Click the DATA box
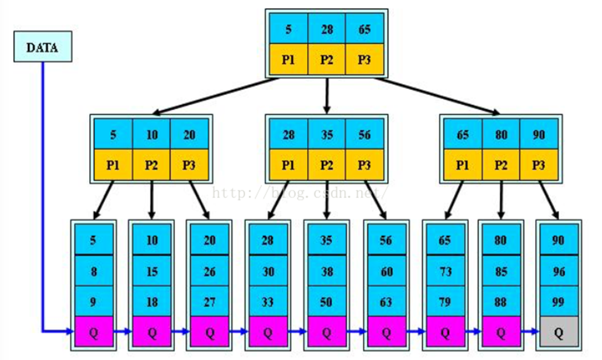43,46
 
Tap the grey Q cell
558,331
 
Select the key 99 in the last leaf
558,302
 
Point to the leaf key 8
93,271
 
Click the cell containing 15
152,271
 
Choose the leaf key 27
210,302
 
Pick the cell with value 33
268,302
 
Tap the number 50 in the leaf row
326,302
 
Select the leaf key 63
386,302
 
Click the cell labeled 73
445,271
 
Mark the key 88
501,302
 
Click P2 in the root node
326,59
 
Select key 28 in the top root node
326,29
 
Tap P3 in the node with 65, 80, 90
538,165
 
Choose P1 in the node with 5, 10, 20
113,165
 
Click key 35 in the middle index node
326,134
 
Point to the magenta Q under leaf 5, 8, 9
93,331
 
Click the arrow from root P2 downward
326,95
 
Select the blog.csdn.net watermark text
300,191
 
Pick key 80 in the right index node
501,134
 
